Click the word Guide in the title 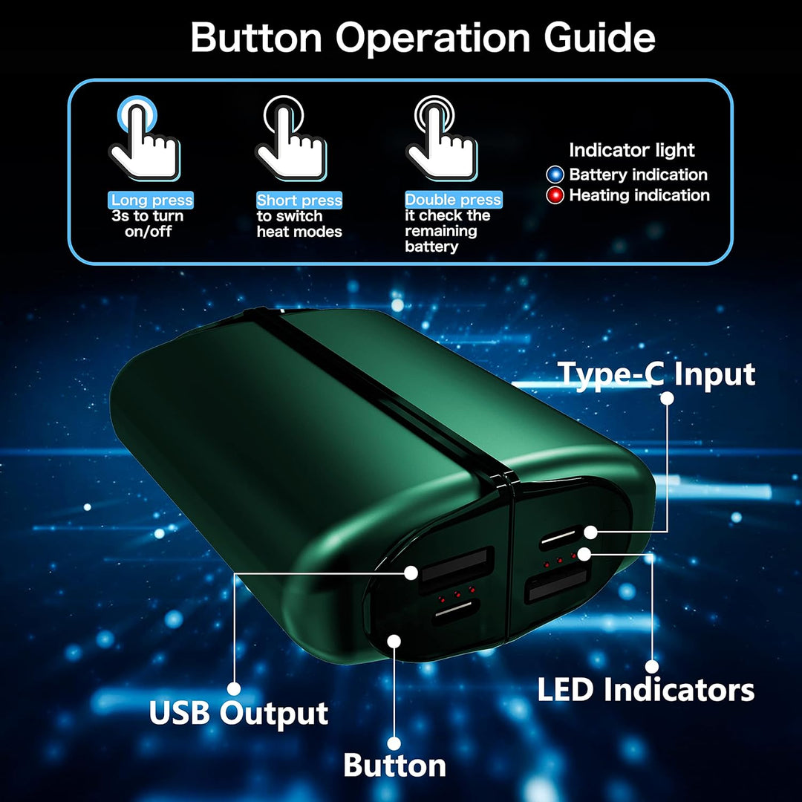click(599, 38)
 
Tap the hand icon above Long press click(144, 138)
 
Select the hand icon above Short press click(290, 138)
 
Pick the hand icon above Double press click(441, 138)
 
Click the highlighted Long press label click(151, 200)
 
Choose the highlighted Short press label click(299, 200)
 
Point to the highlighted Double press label click(453, 200)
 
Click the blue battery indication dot click(555, 175)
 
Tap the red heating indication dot click(555, 195)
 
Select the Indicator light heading click(632, 150)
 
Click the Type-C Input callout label click(656, 374)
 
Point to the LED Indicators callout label click(645, 689)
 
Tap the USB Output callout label click(238, 713)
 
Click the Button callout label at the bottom click(394, 765)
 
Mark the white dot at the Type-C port click(591, 532)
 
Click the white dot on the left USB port click(411, 573)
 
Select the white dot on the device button click(394, 641)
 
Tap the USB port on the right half click(558, 583)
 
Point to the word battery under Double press click(431, 247)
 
